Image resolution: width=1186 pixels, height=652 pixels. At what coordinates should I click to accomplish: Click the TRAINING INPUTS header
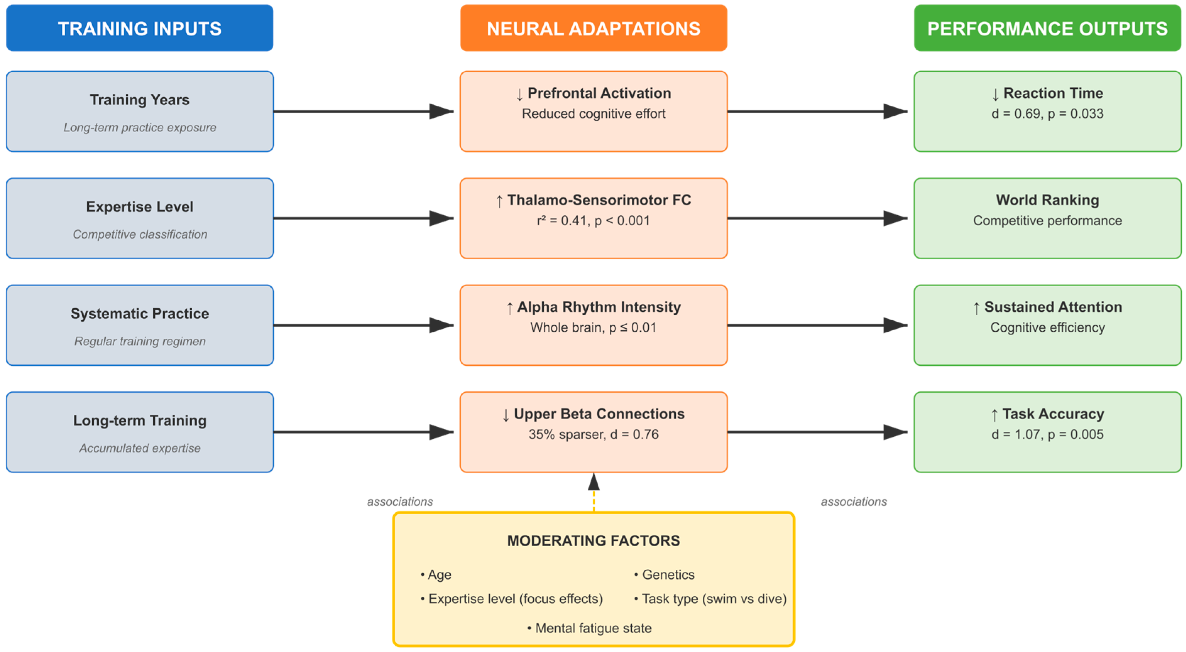(139, 28)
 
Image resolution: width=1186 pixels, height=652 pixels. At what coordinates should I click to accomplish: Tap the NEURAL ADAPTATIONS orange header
(593, 28)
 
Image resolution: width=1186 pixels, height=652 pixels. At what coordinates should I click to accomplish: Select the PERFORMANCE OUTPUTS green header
(1047, 28)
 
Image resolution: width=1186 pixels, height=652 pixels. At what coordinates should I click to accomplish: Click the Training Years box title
(139, 100)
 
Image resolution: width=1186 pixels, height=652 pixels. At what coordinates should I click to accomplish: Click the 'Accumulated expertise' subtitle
(139, 448)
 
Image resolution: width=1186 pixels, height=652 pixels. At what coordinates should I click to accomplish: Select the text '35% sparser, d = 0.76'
(593, 434)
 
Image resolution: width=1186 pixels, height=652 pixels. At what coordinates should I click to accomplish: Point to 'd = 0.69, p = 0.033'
(1047, 114)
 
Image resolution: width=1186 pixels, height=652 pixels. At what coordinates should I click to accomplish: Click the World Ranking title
(1047, 200)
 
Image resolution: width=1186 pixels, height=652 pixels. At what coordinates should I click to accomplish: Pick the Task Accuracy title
(1047, 414)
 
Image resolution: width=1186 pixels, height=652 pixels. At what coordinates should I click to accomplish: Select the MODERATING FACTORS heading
(593, 540)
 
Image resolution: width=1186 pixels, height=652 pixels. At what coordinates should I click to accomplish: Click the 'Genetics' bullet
(668, 574)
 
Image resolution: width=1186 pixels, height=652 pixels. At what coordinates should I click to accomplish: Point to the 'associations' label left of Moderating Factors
(400, 501)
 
